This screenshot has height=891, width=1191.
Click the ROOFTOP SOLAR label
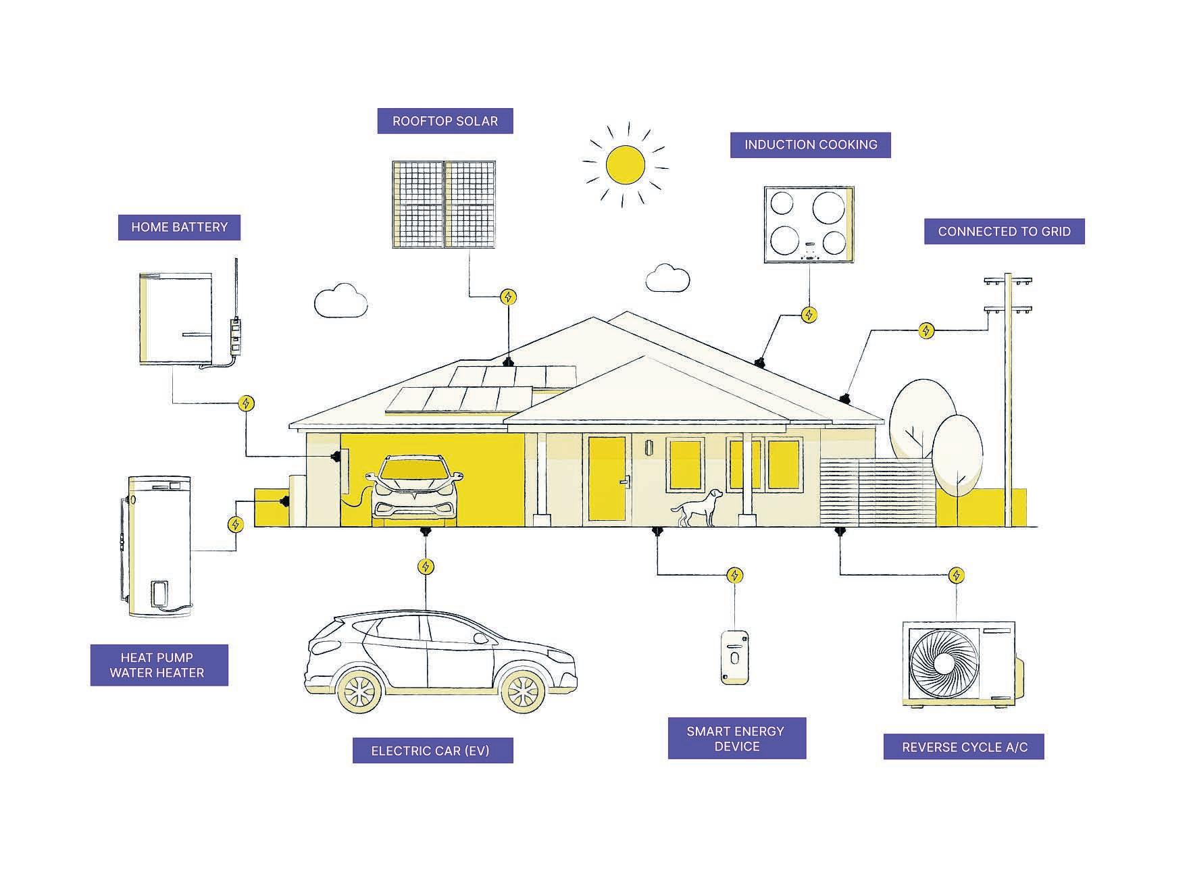click(445, 122)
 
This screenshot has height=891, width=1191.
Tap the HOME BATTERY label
click(179, 228)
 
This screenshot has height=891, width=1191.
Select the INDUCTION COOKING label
click(810, 145)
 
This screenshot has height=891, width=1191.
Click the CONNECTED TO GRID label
click(1004, 232)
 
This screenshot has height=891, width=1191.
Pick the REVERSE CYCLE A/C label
click(964, 747)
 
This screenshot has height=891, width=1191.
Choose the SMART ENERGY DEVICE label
click(736, 739)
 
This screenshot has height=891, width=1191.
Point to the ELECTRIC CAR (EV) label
click(432, 750)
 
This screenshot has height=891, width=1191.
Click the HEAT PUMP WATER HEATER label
click(159, 665)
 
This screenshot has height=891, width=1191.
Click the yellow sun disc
click(625, 165)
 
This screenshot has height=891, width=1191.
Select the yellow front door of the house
click(607, 479)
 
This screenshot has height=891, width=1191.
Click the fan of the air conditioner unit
click(944, 663)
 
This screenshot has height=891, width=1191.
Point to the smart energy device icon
click(734, 657)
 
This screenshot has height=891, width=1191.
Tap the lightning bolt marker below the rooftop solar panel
click(509, 297)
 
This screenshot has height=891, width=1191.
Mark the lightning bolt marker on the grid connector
click(926, 330)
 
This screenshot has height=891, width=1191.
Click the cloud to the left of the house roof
click(341, 301)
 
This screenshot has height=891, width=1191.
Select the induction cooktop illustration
click(809, 224)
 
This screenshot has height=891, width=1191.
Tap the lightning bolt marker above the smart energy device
click(734, 576)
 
